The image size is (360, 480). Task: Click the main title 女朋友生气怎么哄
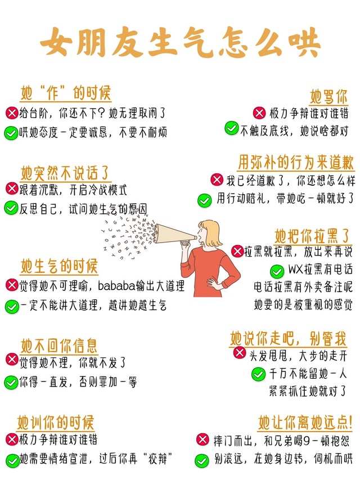click(x=180, y=42)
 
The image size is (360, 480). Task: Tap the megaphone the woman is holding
click(x=175, y=234)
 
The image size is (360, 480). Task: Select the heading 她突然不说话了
click(x=65, y=173)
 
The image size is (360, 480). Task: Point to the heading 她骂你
click(x=328, y=96)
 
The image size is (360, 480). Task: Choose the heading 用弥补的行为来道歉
click(x=296, y=162)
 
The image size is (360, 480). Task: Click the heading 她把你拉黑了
click(x=312, y=236)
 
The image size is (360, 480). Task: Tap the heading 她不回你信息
click(x=58, y=346)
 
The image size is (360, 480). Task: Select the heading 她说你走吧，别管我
click(x=288, y=338)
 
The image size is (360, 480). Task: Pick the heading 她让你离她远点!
click(x=305, y=423)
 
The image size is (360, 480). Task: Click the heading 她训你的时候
click(x=56, y=423)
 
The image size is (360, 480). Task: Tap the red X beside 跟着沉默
click(x=12, y=189)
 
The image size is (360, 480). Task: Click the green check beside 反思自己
click(x=11, y=208)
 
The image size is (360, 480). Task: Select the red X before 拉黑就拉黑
click(x=237, y=251)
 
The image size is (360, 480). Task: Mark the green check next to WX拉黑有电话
click(x=277, y=271)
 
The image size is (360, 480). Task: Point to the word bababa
click(x=116, y=286)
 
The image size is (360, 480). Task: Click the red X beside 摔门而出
click(x=202, y=439)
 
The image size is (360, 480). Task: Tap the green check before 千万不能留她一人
click(x=258, y=374)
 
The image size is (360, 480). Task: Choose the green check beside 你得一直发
click(x=11, y=382)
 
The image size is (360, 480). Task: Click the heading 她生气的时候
click(x=58, y=266)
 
